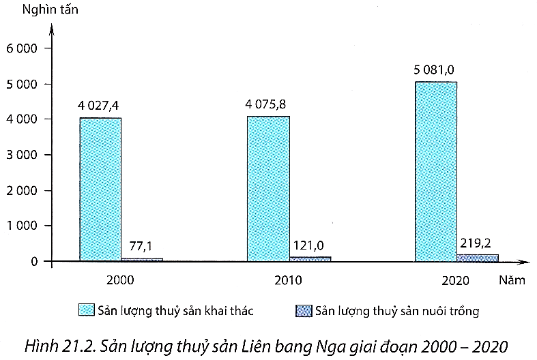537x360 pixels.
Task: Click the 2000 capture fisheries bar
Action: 100,190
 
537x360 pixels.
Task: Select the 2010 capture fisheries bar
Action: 268,189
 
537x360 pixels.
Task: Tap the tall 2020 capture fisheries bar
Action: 436,171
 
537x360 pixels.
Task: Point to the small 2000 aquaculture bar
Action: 142,259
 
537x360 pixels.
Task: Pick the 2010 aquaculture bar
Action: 310,258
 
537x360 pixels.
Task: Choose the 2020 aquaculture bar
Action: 478,257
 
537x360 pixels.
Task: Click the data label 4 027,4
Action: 103,106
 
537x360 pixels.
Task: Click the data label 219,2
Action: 476,241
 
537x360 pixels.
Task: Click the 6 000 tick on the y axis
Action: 24,48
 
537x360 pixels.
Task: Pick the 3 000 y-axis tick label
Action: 24,155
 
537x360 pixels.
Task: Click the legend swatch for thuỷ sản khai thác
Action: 87,311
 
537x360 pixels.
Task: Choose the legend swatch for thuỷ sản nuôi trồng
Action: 303,311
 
